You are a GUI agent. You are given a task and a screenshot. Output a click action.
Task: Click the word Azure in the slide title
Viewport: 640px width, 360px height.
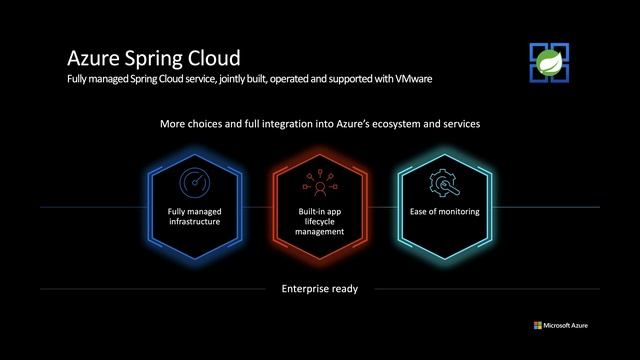click(x=91, y=56)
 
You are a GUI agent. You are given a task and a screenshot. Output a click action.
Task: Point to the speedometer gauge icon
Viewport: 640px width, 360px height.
click(x=194, y=184)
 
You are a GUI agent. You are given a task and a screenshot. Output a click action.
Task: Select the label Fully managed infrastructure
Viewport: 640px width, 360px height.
click(x=194, y=217)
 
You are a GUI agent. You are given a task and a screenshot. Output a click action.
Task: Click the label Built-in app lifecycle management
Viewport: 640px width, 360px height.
click(x=320, y=221)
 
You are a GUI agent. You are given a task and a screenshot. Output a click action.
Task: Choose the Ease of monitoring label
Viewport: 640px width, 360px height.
click(x=445, y=212)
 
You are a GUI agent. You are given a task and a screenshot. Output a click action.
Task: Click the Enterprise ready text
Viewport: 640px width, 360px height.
click(x=320, y=289)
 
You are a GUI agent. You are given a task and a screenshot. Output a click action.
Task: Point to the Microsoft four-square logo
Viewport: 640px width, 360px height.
click(x=535, y=325)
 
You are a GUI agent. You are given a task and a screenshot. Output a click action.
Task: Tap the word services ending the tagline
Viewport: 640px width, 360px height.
click(x=459, y=126)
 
